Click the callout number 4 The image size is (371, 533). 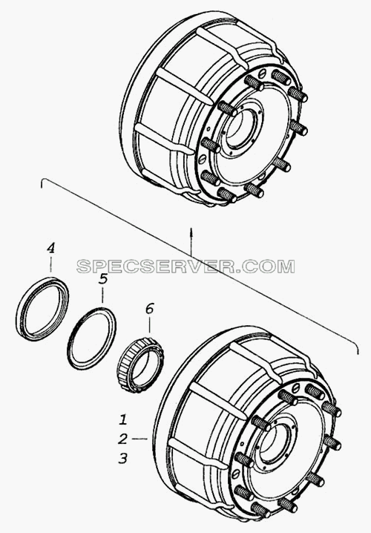coord(50,248)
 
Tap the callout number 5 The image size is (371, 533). coord(103,279)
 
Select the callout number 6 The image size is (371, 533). coord(149,309)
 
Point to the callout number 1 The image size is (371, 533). coord(123,419)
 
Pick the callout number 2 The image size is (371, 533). coord(122,439)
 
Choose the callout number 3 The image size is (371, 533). coord(122,458)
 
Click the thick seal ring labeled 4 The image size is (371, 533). coord(42,309)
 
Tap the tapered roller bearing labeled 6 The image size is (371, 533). coord(140,364)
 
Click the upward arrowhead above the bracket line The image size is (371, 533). coord(191,231)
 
